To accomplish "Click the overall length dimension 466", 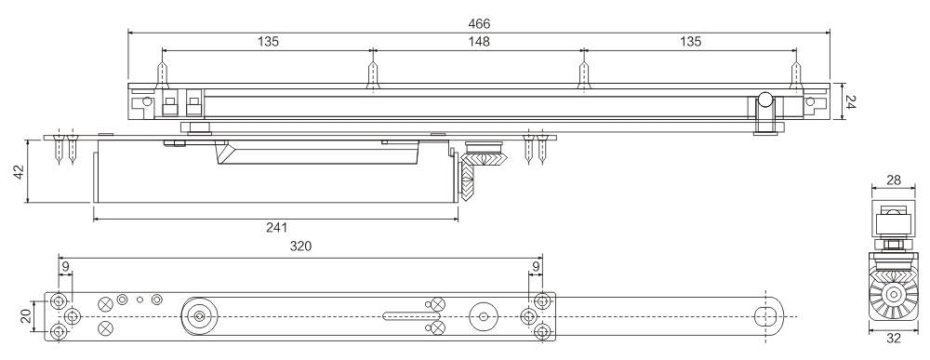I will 479,21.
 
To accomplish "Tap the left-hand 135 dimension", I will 267,41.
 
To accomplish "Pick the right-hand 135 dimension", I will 689,41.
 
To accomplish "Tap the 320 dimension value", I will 299,247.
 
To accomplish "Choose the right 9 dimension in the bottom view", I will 537,267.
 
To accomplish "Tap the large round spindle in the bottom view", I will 198,316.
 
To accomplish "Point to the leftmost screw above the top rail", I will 163,75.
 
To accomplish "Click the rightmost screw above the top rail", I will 795,75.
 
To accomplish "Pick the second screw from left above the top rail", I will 373,75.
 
